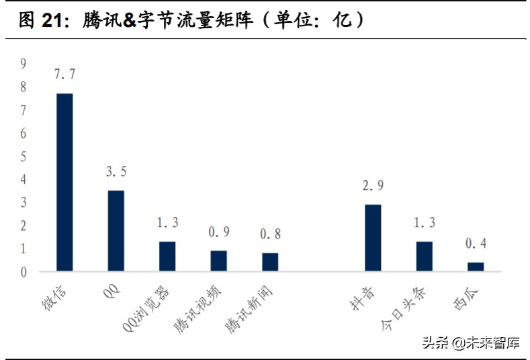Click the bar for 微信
click(x=64, y=182)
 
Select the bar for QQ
click(x=116, y=230)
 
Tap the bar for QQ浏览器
click(x=167, y=256)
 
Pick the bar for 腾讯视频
click(x=218, y=261)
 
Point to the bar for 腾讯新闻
click(x=269, y=262)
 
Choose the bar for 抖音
click(x=372, y=238)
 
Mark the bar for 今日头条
click(x=424, y=256)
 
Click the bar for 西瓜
click(x=475, y=267)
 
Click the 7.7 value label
click(x=64, y=74)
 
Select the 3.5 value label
click(x=116, y=172)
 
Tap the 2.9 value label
click(x=372, y=186)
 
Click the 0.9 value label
click(x=218, y=232)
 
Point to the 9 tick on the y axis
click(x=24, y=64)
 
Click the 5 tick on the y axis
click(x=24, y=156)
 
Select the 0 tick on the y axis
click(x=24, y=272)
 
